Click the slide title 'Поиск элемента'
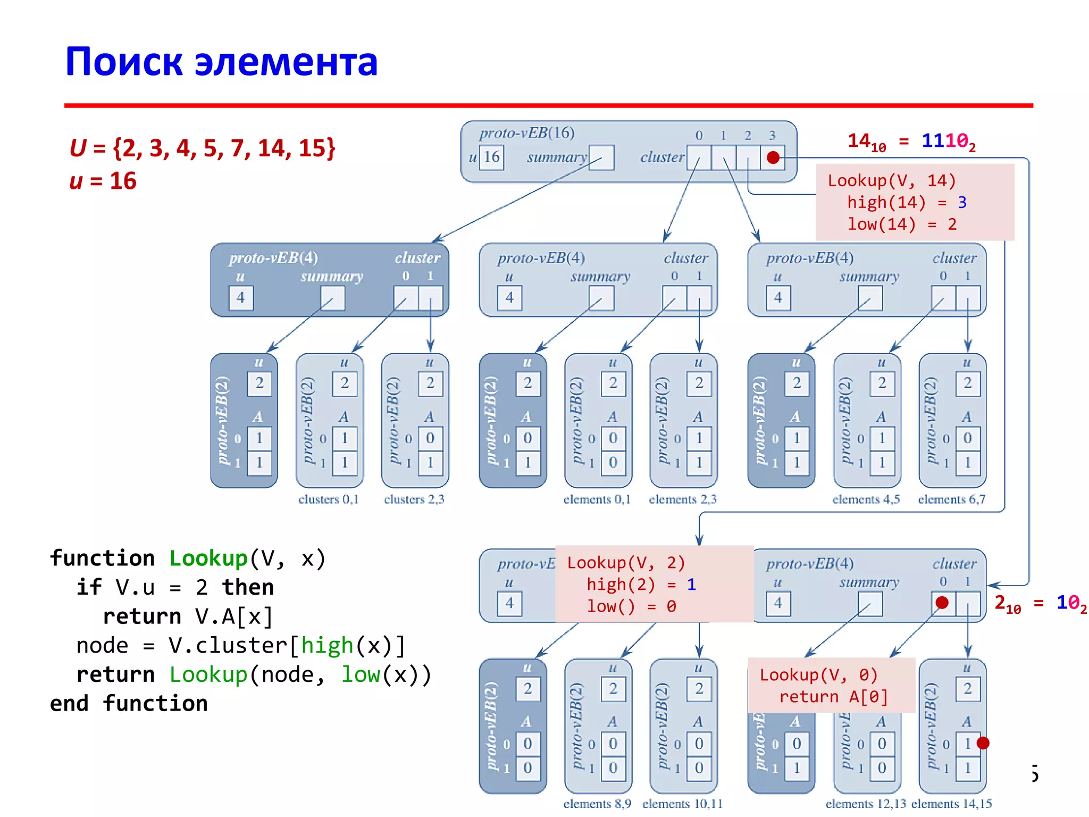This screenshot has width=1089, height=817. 221,62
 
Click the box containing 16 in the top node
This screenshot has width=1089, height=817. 491,157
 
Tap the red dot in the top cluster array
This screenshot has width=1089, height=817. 773,157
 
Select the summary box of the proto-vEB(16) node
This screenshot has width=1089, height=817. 601,157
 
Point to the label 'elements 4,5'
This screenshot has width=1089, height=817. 866,499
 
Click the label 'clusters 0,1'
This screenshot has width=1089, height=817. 328,499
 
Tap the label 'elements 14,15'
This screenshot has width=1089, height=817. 951,804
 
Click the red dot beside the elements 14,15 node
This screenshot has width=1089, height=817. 983,743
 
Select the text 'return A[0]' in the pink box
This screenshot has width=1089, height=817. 833,697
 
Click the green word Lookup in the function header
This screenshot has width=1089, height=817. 208,558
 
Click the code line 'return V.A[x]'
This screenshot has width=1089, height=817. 188,616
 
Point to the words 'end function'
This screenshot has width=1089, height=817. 129,704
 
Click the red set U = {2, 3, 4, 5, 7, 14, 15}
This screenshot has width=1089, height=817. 203,148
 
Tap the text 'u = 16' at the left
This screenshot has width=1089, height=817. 103,181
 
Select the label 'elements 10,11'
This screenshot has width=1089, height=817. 682,804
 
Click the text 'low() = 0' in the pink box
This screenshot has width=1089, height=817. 631,606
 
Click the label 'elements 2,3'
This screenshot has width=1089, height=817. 683,499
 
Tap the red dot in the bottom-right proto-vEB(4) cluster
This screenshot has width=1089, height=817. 942,603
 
